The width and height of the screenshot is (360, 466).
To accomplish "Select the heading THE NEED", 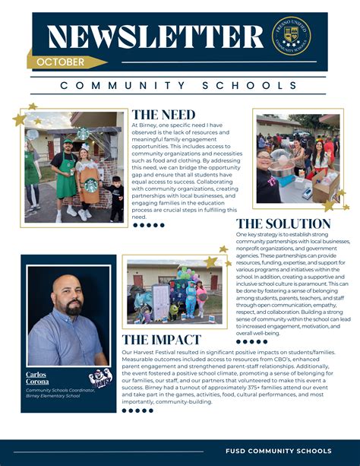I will pyautogui.click(x=163, y=115).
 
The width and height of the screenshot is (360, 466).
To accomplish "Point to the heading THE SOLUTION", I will pyautogui.click(x=283, y=223).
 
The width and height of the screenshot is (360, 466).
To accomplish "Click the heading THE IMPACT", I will pyautogui.click(x=162, y=340).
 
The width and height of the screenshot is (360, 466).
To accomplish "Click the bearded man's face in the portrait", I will pyautogui.click(x=66, y=296).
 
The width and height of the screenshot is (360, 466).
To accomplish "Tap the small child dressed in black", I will pyautogui.click(x=115, y=198).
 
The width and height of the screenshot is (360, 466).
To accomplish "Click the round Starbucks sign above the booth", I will pyautogui.click(x=83, y=134).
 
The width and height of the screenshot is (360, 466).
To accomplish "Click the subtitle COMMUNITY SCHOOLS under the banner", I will pyautogui.click(x=179, y=86).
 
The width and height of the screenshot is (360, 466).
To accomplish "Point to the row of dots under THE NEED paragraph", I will pyautogui.click(x=148, y=225).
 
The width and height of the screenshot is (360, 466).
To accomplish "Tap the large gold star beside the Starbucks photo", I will pyautogui.click(x=19, y=119).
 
